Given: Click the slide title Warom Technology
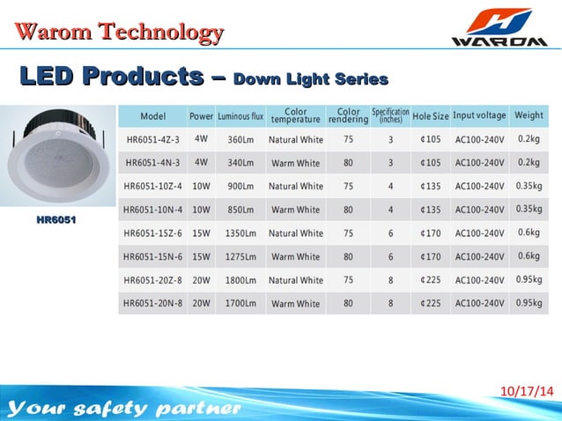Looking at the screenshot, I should tap(118, 33).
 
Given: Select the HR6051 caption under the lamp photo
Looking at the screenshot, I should tap(56, 219).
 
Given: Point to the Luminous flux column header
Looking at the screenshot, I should tap(240, 116).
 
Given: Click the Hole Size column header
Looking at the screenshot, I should tap(430, 116).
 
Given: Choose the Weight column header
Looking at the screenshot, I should tap(529, 115).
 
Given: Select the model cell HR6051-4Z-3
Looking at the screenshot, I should tap(152, 139).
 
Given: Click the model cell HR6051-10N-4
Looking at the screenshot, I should tap(152, 210).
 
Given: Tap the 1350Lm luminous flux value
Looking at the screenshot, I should tap(240, 233).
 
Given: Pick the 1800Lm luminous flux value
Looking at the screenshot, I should tap(240, 280).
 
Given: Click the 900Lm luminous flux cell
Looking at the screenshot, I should tap(240, 186).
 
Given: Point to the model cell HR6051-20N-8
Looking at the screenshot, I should tap(152, 304).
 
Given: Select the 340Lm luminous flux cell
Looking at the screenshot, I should tap(240, 163).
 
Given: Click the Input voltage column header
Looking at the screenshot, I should tap(479, 115).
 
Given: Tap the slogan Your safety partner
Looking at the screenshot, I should tap(123, 409).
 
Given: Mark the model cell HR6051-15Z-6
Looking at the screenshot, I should tap(152, 233).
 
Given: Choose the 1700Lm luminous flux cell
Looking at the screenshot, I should tap(240, 304).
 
